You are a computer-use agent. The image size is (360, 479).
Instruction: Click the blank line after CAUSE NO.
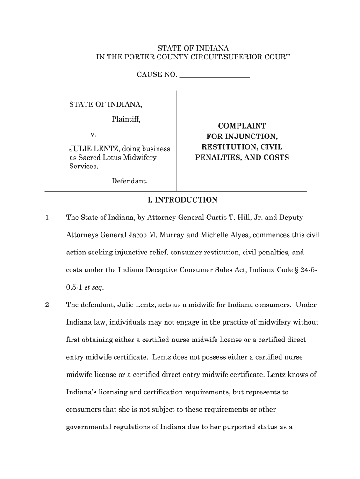point(215,75)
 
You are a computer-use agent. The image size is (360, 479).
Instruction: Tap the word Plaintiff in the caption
point(126,119)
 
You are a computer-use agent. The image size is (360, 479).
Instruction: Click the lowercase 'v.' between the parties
point(94,134)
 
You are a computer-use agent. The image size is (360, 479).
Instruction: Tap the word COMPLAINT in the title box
point(242,126)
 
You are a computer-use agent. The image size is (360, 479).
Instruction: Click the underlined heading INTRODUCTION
point(186,200)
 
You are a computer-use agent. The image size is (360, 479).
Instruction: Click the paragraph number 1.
point(48,218)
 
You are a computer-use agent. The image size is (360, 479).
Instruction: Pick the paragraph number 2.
point(48,305)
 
